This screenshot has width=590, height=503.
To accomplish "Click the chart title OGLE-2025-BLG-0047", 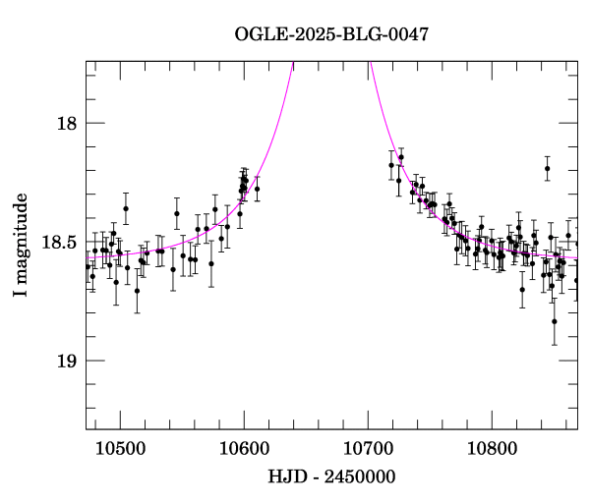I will click(331, 34).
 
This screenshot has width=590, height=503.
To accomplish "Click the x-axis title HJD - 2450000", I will click(331, 478).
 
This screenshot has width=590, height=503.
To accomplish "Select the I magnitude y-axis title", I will click(21, 246).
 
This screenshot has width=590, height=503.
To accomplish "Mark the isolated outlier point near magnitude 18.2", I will click(547, 169).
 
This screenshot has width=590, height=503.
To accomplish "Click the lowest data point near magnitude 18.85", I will click(555, 321).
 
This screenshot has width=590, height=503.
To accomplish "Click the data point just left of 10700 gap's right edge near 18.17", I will click(391, 165).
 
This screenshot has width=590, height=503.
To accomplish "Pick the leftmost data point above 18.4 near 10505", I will click(126, 208).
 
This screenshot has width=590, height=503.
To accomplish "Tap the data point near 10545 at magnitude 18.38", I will click(177, 213).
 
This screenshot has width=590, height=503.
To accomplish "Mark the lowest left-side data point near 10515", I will click(137, 291).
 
